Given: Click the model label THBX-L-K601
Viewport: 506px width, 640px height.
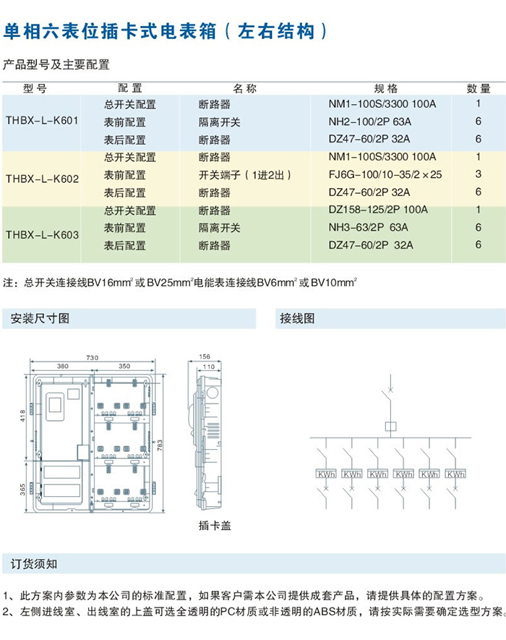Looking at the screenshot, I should click(x=41, y=121).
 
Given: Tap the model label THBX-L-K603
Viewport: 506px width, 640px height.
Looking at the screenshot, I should click(x=41, y=235).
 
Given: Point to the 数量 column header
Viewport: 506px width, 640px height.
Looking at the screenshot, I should click(x=478, y=88).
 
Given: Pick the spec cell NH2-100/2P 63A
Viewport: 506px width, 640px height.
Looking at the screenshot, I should click(x=369, y=122).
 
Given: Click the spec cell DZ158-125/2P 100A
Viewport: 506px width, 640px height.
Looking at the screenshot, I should click(x=378, y=210).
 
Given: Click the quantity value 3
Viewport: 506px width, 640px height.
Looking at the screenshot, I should click(x=479, y=175).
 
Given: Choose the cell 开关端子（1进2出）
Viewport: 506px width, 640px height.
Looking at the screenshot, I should click(x=245, y=175).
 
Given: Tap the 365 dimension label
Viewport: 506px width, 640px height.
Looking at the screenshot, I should click(x=22, y=490).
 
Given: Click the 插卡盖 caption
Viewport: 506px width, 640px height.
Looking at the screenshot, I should click(x=214, y=525).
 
